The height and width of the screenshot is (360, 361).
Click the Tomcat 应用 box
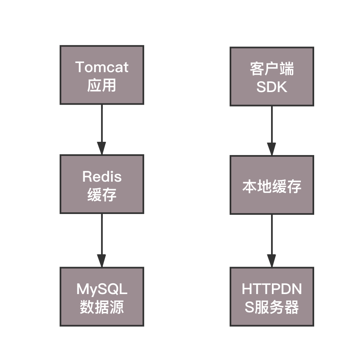[102, 75]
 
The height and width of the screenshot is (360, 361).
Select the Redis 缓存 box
[102, 184]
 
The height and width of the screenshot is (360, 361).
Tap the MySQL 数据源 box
[102, 297]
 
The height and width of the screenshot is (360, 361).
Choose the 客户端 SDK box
[272, 76]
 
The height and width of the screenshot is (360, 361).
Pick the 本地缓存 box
[272, 185]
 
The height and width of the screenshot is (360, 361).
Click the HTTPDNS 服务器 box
[272, 297]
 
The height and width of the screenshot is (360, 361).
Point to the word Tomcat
[102, 67]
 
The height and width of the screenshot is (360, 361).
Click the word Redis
[102, 176]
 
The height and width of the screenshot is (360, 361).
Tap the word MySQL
[102, 289]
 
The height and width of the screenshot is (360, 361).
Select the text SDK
[272, 87]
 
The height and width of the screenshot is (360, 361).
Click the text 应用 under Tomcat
[102, 85]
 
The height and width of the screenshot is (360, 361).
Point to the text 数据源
[102, 307]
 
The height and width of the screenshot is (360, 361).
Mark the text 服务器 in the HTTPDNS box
[277, 307]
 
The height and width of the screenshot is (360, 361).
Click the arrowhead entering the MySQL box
[102, 261]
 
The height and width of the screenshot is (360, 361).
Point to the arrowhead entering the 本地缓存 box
[272, 149]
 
